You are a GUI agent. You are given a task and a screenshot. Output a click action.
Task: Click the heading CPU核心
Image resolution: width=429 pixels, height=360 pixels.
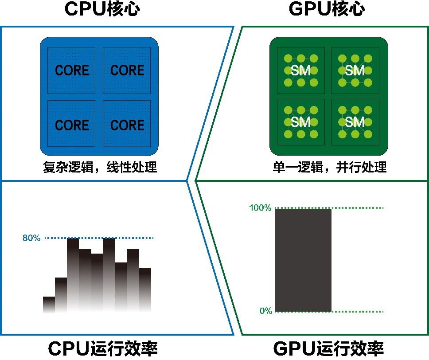tap(102, 9)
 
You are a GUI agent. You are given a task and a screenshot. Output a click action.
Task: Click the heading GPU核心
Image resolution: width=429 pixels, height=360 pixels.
tap(327, 9)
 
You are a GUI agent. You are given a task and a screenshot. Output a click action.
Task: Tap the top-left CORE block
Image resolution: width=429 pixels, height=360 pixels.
tap(71, 70)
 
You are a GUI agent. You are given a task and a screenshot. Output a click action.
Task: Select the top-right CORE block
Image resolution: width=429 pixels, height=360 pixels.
tap(127, 70)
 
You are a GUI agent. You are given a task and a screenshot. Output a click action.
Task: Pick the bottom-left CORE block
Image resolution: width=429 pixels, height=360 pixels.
tap(71, 123)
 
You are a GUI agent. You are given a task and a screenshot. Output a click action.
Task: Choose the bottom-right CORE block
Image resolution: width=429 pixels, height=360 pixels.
tap(127, 123)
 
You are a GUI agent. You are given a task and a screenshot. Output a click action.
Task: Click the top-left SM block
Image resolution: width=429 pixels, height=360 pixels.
tap(300, 70)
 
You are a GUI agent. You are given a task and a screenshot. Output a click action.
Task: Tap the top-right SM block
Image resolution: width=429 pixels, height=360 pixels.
tap(355, 70)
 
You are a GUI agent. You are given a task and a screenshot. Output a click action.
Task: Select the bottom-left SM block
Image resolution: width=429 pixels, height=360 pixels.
tap(300, 122)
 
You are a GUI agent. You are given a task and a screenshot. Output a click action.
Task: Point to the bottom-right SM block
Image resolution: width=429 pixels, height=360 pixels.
tap(355, 122)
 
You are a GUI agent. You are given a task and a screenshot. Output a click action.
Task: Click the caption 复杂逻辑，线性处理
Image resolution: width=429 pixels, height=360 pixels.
tap(100, 167)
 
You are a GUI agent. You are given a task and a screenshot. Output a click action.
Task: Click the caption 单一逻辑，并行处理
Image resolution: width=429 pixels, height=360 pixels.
tap(330, 167)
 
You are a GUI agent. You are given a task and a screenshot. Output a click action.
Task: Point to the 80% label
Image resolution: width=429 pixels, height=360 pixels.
tap(31, 238)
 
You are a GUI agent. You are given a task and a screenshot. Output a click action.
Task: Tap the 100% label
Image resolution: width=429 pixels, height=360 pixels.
tap(260, 207)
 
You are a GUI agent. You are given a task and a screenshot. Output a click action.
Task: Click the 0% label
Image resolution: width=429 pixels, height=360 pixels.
tap(266, 311)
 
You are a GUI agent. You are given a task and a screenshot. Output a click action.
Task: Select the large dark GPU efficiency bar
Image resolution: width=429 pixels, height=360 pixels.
tap(303, 260)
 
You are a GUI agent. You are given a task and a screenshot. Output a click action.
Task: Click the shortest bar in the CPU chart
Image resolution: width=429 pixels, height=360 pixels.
tap(49, 305)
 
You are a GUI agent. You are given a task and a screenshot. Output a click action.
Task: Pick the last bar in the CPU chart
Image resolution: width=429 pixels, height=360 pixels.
tap(145, 290)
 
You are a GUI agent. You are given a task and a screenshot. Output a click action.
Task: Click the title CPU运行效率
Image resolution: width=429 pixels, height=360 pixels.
tap(103, 348)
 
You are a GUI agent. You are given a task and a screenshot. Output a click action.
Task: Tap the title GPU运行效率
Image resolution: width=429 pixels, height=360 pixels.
tap(328, 348)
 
